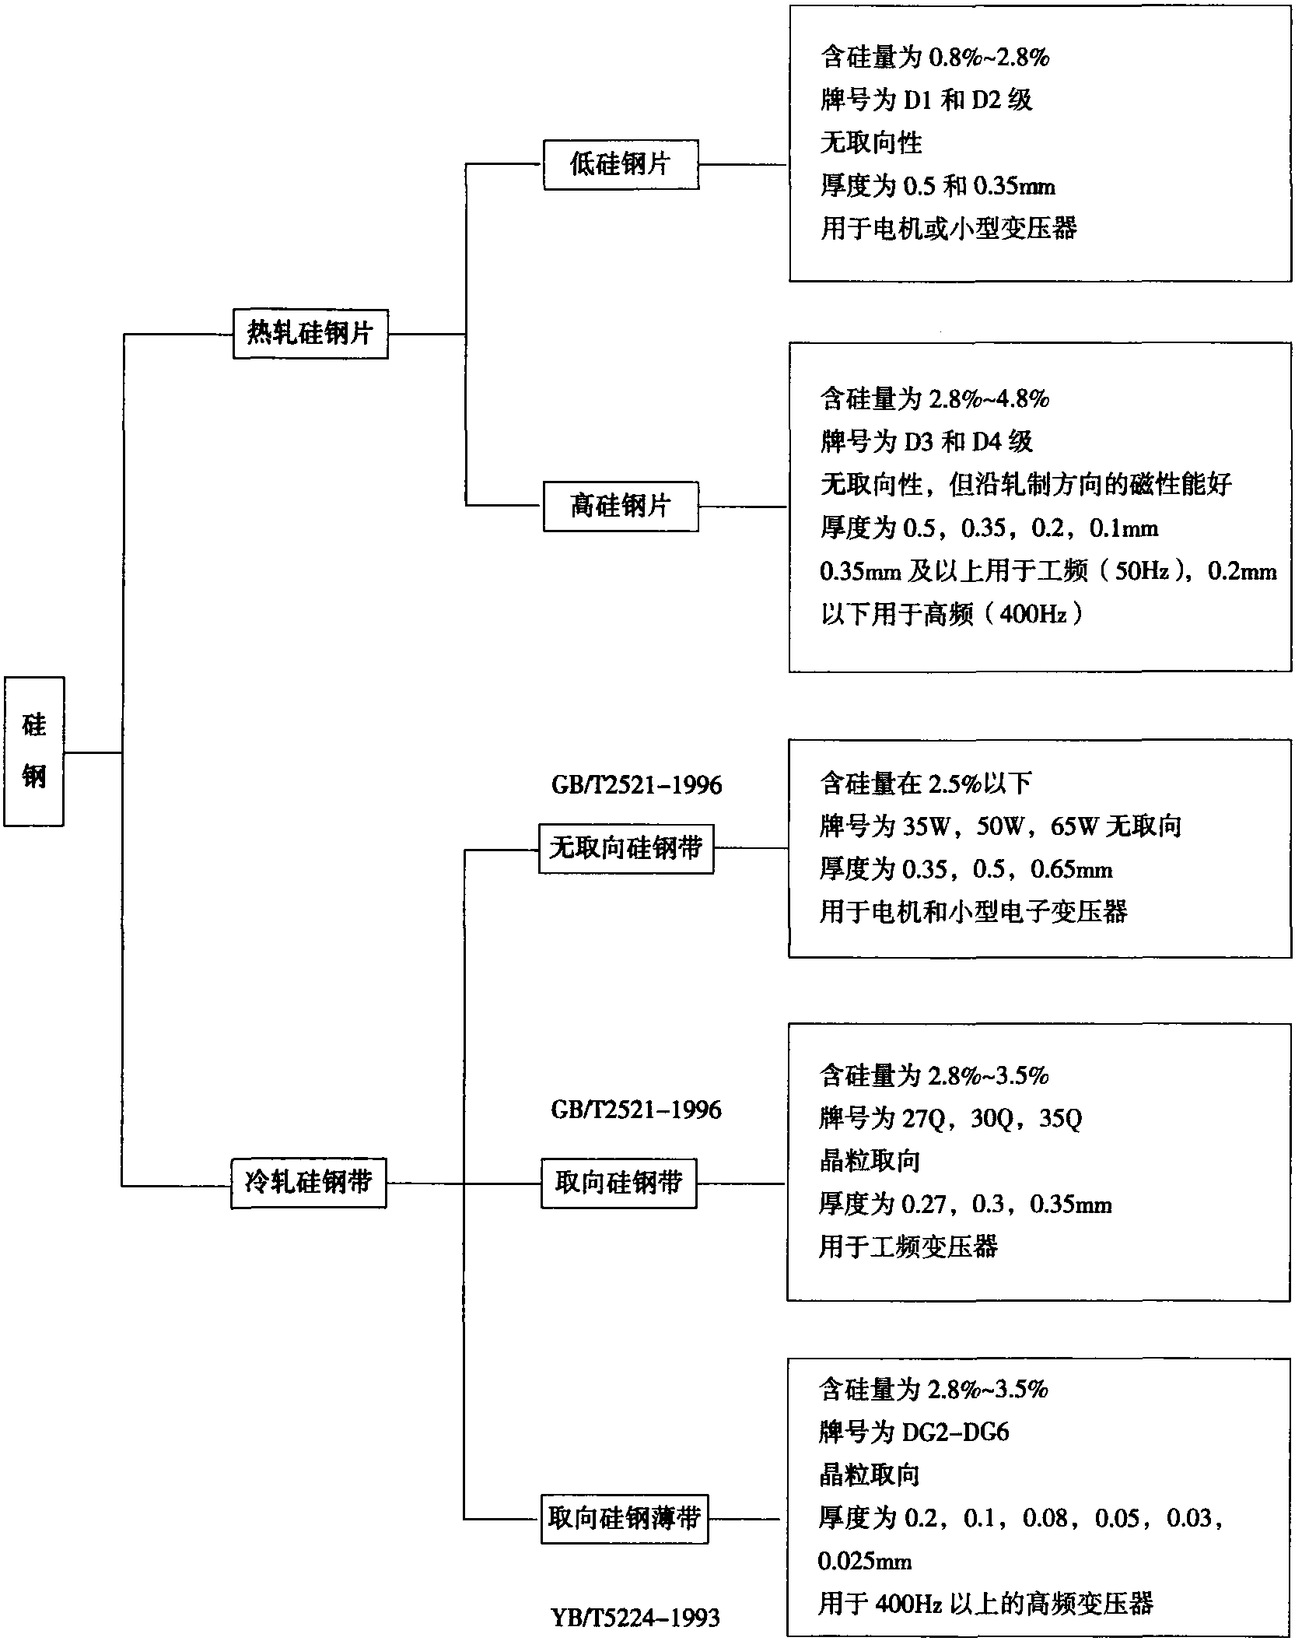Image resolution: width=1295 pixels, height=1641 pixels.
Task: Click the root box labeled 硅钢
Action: point(33,751)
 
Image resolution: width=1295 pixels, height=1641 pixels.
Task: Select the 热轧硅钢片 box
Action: point(310,334)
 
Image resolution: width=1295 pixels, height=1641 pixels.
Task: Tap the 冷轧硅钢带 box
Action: point(309,1183)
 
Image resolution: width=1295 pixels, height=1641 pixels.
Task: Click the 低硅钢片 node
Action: point(621,164)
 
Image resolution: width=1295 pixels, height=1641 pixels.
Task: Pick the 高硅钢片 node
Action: point(621,507)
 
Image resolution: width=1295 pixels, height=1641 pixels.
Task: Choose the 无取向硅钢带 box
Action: point(626,848)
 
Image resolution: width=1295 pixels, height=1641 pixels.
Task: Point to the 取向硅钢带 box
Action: point(619,1183)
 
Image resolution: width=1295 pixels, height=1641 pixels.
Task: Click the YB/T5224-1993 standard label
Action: point(635,1618)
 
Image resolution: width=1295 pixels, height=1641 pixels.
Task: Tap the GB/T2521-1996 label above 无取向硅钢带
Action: point(637,785)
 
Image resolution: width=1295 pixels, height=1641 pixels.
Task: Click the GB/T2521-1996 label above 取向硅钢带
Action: point(636,1109)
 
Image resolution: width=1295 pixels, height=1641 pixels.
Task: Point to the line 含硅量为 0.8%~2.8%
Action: point(935,57)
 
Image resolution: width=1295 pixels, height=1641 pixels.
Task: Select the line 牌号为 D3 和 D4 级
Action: point(926,442)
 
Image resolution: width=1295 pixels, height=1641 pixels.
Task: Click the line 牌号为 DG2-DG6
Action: point(914,1432)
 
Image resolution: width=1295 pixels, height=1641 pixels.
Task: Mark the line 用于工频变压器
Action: point(908,1247)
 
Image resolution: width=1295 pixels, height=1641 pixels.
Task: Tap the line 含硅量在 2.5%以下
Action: point(926,784)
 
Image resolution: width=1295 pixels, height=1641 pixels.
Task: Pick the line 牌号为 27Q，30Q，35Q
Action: point(950,1118)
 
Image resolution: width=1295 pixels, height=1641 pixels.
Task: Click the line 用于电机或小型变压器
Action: point(948,228)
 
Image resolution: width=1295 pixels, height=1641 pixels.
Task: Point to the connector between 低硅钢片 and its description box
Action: point(744,164)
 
